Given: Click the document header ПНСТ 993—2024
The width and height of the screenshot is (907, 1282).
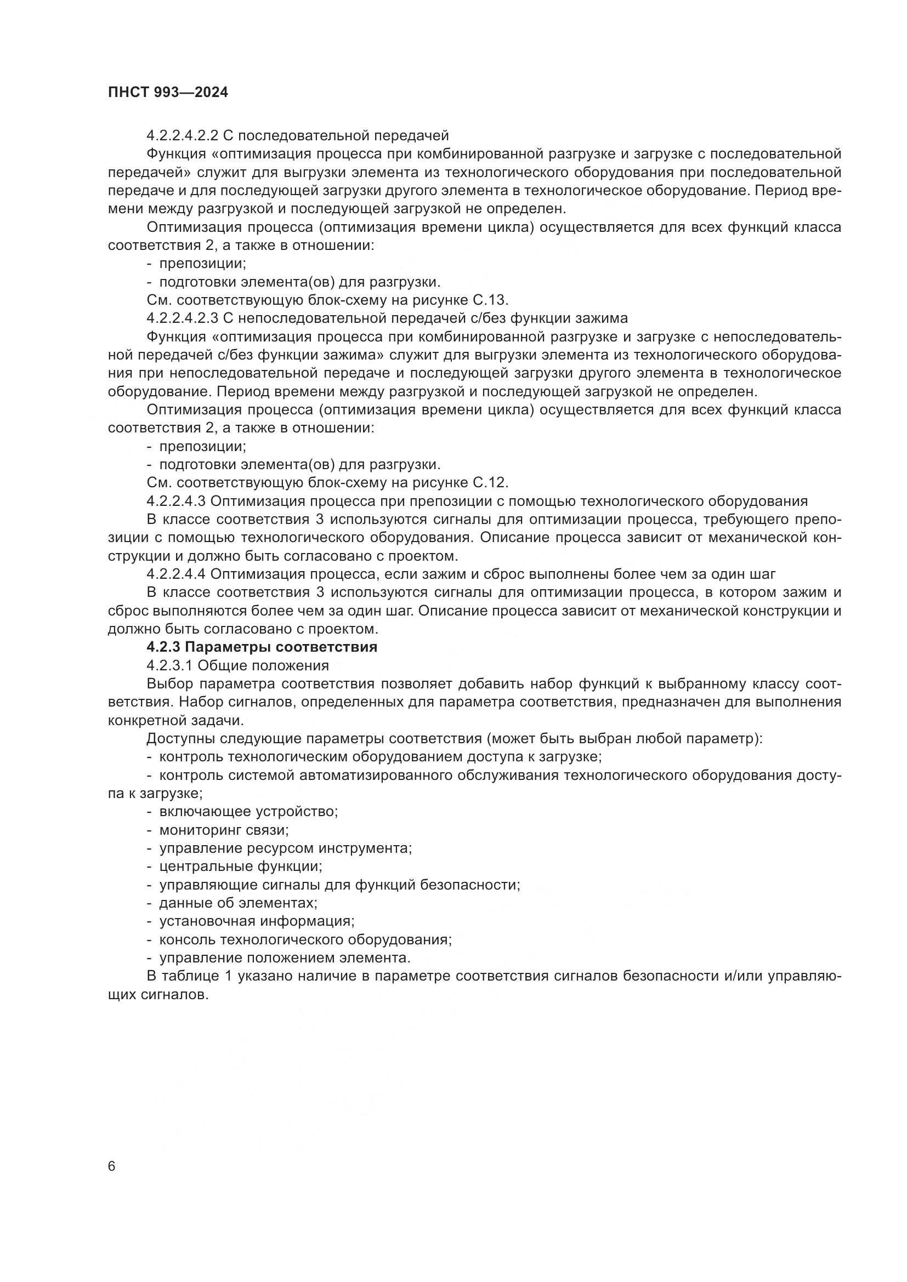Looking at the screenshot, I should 168,92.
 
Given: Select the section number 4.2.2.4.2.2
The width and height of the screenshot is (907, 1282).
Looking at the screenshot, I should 183,135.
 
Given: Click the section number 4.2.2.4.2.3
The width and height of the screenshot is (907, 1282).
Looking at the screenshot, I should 183,318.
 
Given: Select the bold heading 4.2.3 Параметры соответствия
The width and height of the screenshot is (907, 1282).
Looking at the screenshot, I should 262,647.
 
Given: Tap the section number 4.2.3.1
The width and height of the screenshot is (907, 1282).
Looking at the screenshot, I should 170,665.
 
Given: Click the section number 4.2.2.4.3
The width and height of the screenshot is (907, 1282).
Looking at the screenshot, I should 177,501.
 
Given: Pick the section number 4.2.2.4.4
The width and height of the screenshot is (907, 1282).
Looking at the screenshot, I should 177,574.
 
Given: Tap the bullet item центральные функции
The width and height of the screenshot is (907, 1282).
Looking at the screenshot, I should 241,867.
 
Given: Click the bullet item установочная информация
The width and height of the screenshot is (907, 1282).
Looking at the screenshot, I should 257,921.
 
